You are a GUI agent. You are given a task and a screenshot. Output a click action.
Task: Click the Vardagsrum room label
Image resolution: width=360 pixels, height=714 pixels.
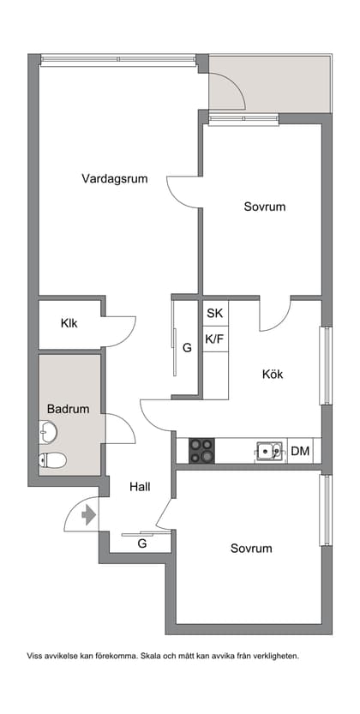(x=115, y=179)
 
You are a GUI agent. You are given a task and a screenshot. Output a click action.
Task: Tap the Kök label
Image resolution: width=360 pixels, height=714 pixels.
(x=273, y=375)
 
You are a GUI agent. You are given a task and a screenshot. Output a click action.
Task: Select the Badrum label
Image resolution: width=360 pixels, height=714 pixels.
(x=69, y=410)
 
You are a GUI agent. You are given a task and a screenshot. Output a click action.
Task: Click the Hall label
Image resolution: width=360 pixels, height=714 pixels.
(x=140, y=487)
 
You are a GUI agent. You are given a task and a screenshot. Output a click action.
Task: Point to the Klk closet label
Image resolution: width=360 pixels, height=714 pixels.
(x=69, y=324)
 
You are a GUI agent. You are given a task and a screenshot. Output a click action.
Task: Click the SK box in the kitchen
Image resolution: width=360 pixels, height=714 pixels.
(x=214, y=314)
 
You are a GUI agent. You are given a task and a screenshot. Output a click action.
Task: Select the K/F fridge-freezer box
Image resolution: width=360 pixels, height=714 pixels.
(x=214, y=339)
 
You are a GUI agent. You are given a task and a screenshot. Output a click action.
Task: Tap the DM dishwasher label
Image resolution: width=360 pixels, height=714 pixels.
(x=300, y=451)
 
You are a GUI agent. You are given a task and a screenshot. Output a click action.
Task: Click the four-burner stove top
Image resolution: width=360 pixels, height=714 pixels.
(x=201, y=451)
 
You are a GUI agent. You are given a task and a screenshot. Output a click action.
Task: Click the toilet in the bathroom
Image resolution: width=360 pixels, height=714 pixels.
(x=53, y=461)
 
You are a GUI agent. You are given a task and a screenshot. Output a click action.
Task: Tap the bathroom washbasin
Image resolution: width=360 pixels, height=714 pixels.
(x=48, y=432)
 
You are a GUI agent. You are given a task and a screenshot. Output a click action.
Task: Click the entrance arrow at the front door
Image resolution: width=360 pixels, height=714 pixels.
(x=87, y=516)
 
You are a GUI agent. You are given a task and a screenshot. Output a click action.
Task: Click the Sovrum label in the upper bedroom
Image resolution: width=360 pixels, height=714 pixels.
(x=264, y=207)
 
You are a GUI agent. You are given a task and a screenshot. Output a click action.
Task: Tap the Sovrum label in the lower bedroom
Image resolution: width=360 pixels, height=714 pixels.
(x=251, y=549)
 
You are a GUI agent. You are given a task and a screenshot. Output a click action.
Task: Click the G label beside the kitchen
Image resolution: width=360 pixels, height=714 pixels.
(x=187, y=348)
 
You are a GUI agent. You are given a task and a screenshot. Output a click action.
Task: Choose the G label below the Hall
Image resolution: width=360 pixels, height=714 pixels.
(x=142, y=543)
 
